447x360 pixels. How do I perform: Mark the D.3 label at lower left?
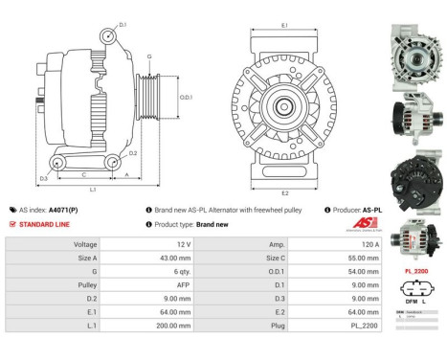tap(43, 179)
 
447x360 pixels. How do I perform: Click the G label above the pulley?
tap(148, 56)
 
